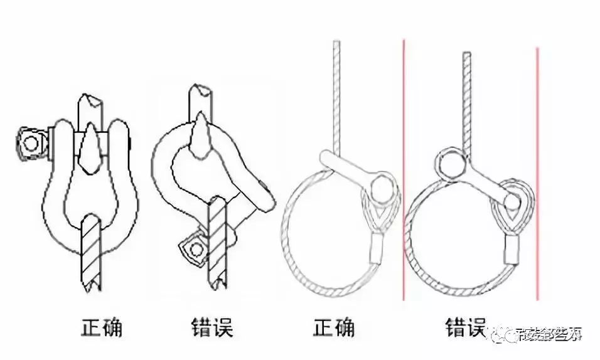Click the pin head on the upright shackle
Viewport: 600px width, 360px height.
29,142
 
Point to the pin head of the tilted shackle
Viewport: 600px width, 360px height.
196,250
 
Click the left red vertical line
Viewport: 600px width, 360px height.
404,169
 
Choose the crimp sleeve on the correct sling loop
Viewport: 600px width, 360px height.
379,247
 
